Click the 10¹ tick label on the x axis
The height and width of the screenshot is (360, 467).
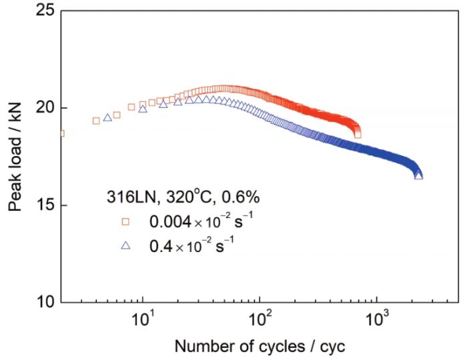143,319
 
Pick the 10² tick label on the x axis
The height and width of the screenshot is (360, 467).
261,319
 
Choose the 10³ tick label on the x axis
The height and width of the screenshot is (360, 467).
378,319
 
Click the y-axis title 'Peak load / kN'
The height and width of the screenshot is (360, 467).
15,157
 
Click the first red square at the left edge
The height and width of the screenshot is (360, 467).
61,133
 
